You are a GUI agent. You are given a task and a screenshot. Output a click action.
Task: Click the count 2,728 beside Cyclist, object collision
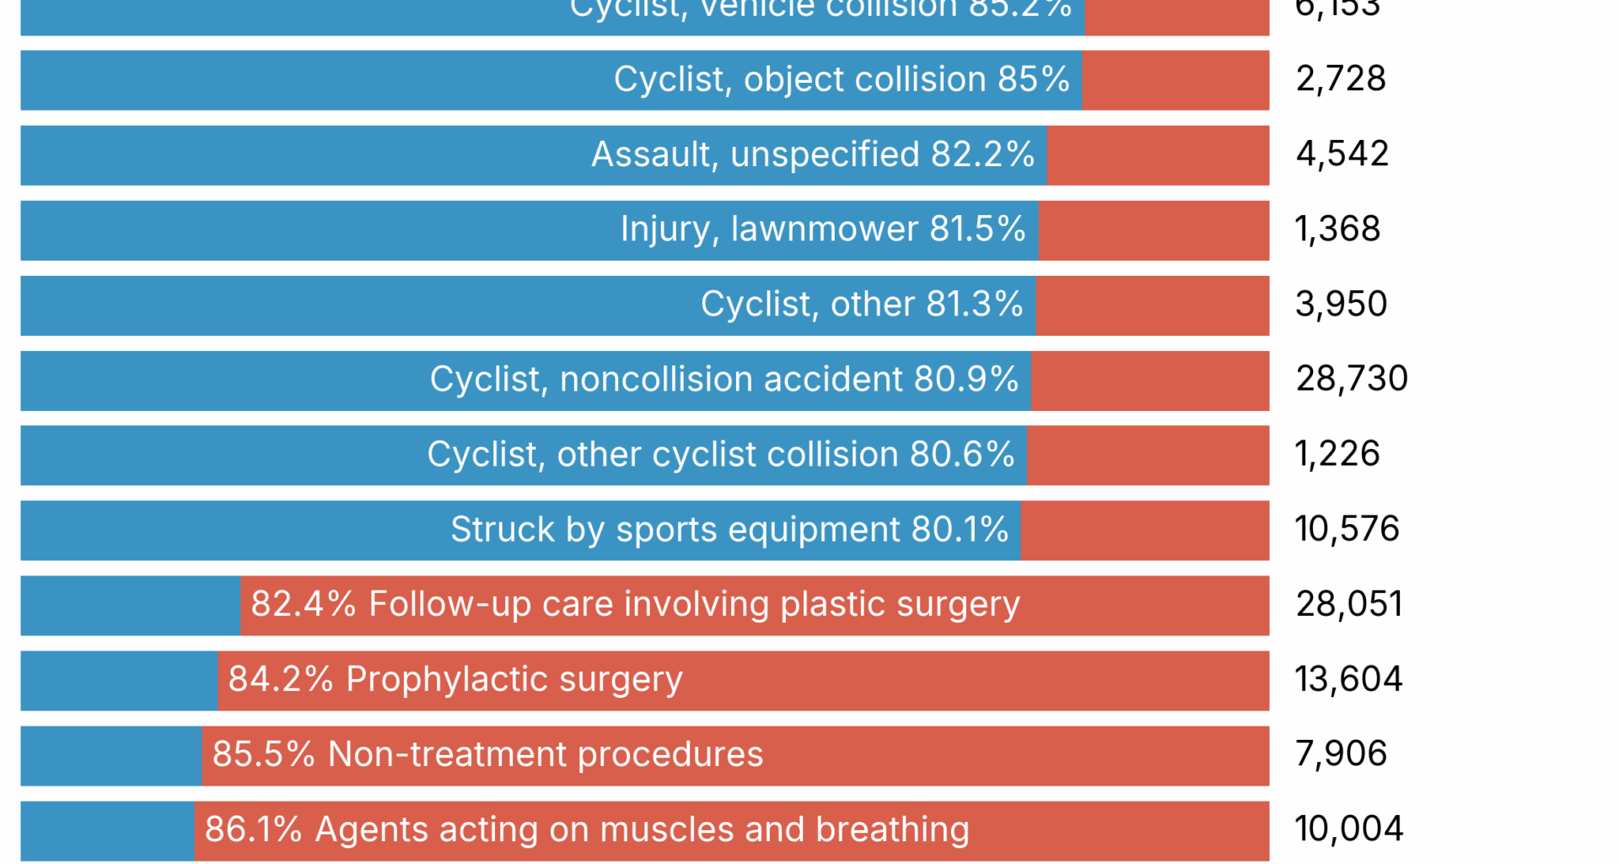[1340, 79]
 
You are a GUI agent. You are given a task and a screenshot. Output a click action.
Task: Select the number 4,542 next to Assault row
[1342, 154]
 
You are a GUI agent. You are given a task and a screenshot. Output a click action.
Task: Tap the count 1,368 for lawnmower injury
[1337, 229]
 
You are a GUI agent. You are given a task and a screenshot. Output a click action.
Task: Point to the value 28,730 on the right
[1351, 379]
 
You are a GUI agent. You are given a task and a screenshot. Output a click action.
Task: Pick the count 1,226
[1337, 454]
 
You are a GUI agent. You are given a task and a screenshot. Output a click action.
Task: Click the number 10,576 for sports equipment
[1347, 529]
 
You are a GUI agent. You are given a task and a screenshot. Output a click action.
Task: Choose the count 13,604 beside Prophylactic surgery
[1348, 679]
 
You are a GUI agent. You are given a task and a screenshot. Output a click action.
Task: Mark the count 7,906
[1341, 753]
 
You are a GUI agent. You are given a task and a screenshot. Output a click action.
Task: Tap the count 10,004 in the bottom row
[1348, 829]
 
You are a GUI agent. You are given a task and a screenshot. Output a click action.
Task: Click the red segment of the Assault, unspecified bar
[1157, 155]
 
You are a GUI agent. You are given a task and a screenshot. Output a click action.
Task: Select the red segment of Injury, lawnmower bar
[1153, 230]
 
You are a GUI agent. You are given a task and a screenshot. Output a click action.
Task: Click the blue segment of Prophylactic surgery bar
[118, 680]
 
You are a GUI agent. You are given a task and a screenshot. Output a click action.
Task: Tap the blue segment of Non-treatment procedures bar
[110, 755]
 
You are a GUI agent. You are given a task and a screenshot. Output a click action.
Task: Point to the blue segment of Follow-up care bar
[130, 605]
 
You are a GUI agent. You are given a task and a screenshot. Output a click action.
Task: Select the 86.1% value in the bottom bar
[253, 829]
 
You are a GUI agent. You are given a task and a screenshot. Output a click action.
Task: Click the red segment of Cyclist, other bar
[1152, 305]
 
